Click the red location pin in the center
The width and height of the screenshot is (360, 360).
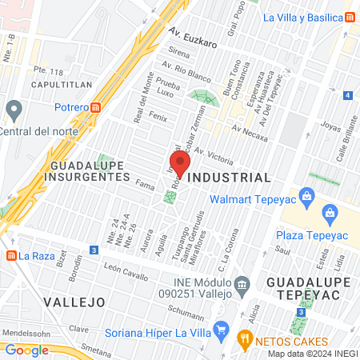tap(180, 164)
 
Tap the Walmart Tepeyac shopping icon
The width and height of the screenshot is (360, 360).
tap(306, 196)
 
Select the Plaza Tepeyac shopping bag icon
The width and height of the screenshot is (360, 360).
tap(329, 213)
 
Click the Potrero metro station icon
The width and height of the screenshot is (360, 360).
tap(96, 107)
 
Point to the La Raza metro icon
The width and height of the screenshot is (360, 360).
tap(11, 256)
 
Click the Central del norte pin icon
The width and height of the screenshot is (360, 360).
tap(12, 108)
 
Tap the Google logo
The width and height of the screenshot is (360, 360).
tap(26, 350)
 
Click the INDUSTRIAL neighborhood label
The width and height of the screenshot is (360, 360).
tap(228, 177)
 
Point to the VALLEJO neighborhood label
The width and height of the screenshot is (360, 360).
tap(74, 302)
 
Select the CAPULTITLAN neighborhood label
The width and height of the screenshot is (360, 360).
tap(62, 83)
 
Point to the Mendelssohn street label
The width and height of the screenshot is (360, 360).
tap(22, 329)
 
